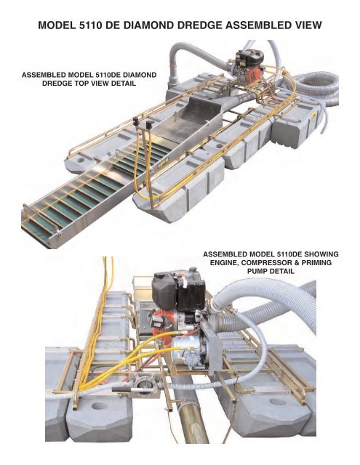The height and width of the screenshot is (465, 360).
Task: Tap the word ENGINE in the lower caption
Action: (x=225, y=263)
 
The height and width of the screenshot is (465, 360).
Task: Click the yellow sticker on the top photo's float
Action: (x=312, y=115)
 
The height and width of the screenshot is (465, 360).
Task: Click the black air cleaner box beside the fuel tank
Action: (x=191, y=294)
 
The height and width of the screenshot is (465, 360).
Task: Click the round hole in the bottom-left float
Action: (x=99, y=406)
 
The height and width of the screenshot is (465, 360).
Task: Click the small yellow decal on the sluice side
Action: (x=164, y=159)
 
